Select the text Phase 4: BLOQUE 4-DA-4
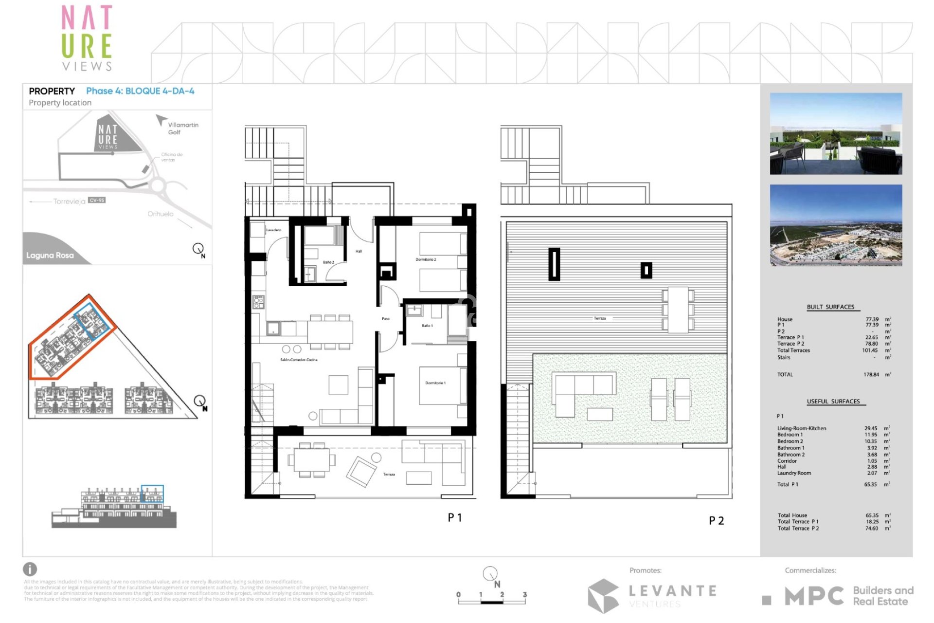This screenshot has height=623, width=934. [140, 91]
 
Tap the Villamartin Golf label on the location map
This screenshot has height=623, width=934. [182, 128]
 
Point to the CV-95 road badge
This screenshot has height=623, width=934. [97, 201]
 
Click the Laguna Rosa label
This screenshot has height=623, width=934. [50, 255]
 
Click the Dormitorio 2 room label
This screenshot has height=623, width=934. [426, 259]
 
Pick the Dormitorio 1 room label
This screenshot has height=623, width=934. [435, 383]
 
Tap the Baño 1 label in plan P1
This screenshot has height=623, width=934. [427, 326]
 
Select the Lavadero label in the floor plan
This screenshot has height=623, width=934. [273, 230]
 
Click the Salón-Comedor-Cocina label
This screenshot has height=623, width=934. [299, 360]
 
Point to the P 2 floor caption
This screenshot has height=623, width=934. [716, 521]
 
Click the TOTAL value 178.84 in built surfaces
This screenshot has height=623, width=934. [871, 375]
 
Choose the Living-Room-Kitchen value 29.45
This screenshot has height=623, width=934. [871, 428]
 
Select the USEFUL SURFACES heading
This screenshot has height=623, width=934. [833, 402]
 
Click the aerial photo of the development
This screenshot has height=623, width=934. [836, 225]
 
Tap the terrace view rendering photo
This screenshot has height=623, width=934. [836, 134]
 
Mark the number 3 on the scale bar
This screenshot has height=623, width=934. [525, 594]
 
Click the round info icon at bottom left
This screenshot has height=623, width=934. [30, 569]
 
